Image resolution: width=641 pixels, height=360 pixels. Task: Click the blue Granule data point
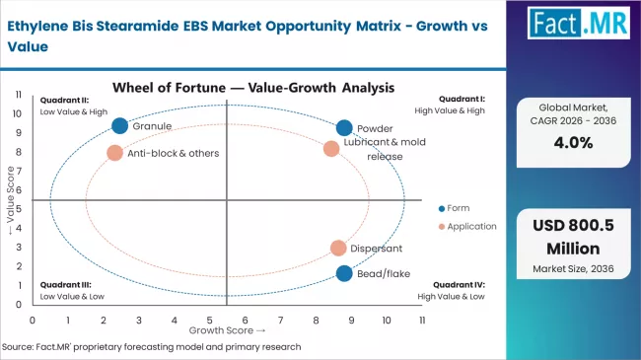[x=120, y=125]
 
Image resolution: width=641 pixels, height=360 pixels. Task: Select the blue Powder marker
[x=344, y=128]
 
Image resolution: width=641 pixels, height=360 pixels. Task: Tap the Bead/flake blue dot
[x=344, y=273]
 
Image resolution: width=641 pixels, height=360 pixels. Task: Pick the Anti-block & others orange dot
[x=114, y=153]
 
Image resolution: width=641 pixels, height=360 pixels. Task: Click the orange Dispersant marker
[x=338, y=249]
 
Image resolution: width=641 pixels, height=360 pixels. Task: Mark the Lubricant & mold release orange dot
[x=331, y=149]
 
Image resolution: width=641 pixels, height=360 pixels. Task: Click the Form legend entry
[x=455, y=207]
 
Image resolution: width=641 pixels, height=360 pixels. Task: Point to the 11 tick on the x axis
[x=422, y=321]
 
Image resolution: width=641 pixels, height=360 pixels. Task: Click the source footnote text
[x=152, y=347]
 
